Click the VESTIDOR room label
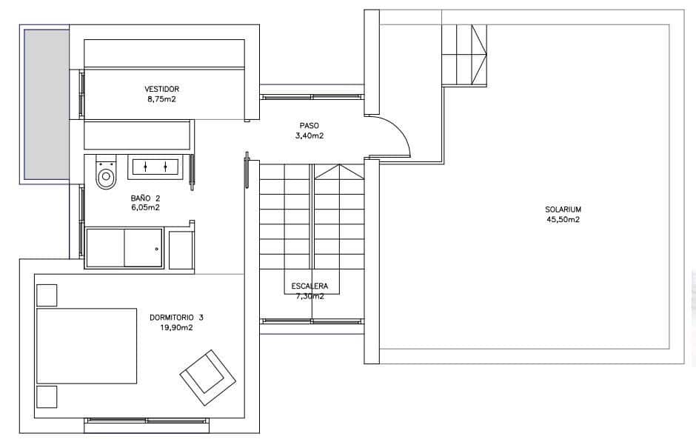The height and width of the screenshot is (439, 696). tap(161, 89)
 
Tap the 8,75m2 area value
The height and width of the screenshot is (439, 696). tap(161, 98)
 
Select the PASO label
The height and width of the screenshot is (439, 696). tap(309, 126)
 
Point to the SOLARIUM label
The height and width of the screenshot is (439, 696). tap(563, 210)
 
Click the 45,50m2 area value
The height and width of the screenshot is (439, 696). tap(563, 219)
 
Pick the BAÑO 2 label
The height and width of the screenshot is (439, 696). tap(145, 198)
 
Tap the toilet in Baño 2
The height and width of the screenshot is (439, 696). tap(107, 173)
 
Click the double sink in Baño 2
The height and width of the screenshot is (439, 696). tap(155, 166)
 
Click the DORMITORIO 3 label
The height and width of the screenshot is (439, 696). tap(176, 318)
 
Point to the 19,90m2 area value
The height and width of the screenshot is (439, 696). tap(176, 327)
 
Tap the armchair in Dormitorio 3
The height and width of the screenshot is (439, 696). tap(204, 372)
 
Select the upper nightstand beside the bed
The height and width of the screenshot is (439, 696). tap(47, 295)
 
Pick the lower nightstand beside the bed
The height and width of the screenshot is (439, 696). tap(47, 396)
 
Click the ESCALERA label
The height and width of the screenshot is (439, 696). tap(310, 286)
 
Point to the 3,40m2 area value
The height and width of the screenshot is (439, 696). tap(309, 135)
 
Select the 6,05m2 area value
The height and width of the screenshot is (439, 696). tap(145, 208)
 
